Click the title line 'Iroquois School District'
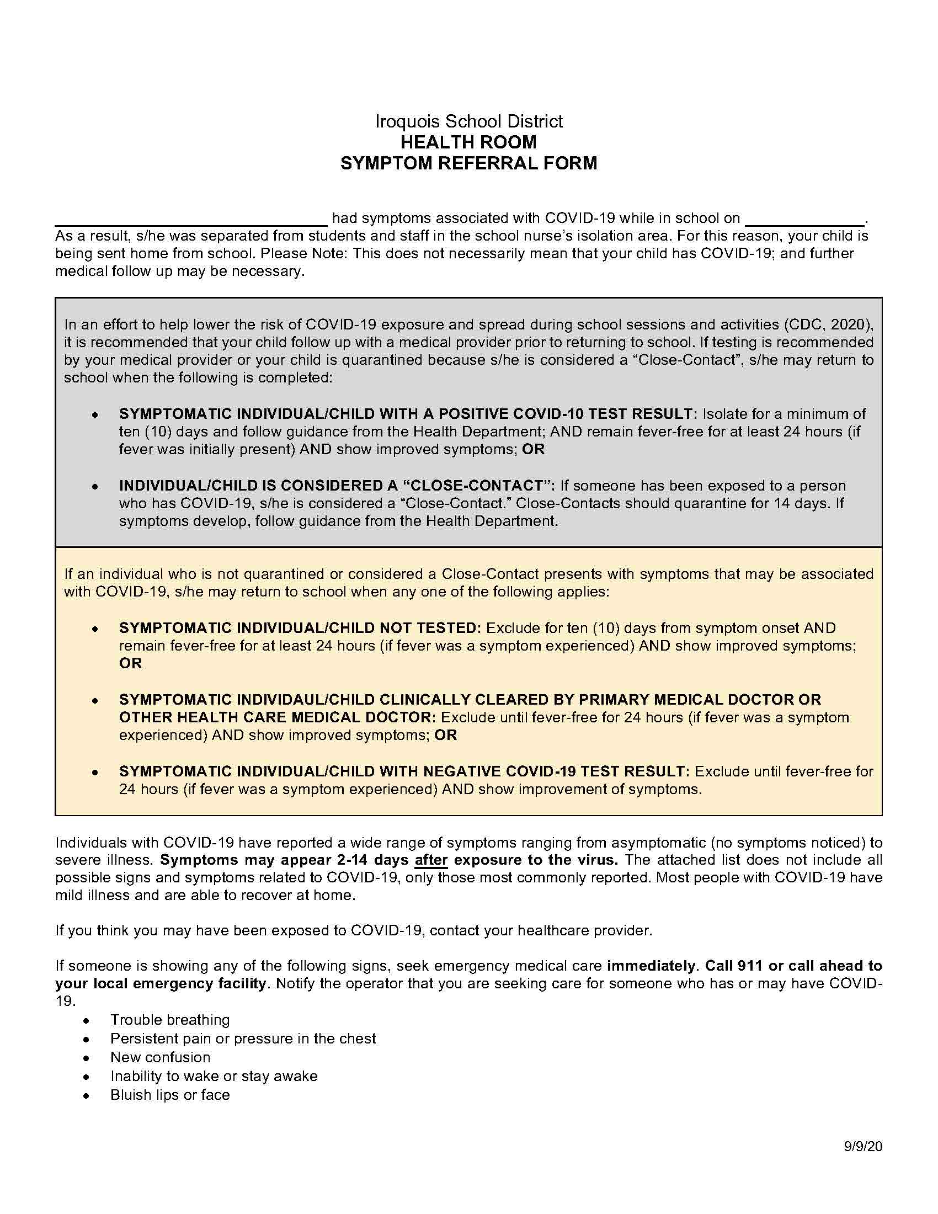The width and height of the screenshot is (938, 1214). [x=468, y=121]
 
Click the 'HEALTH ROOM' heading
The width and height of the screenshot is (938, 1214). [x=468, y=142]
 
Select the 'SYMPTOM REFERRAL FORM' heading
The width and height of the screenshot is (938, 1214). [x=468, y=163]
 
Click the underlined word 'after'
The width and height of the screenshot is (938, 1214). [x=431, y=860]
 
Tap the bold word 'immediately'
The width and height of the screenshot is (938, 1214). [x=651, y=966]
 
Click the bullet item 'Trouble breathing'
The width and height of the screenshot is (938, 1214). [x=170, y=1020]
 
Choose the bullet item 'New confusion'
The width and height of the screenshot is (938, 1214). [x=161, y=1057]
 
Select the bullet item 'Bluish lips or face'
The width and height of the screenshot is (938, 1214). [x=170, y=1094]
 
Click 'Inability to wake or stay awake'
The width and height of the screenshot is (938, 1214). [x=214, y=1076]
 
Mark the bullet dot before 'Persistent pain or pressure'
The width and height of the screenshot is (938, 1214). [x=86, y=1039]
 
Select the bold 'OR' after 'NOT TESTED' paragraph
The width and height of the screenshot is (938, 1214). [x=131, y=663]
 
